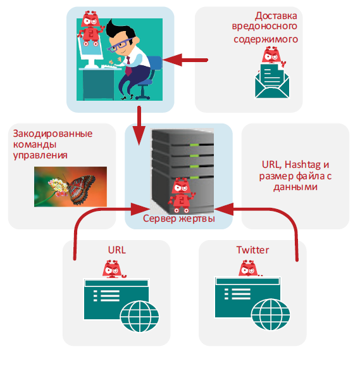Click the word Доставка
coord(276,16)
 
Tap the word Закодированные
coord(53,134)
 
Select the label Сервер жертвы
coord(179,219)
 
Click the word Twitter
coord(252,250)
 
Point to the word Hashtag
coord(302,165)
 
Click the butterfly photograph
coord(70,187)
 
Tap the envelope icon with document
coord(272,81)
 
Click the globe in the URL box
coord(140,316)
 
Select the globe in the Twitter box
coord(271,314)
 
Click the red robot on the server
coord(182,195)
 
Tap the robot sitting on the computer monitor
coord(90,29)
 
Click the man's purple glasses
coord(120,45)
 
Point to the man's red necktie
coord(128,66)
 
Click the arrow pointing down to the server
coord(139,125)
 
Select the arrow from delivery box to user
coord(185,60)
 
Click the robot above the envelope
coord(273,56)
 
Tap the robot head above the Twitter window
coord(249,269)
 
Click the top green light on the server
coord(194,145)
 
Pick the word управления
coord(40,155)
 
